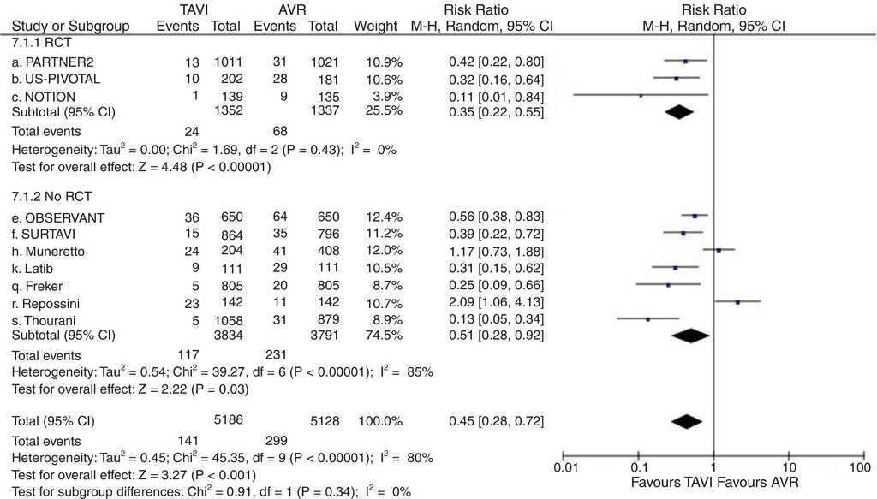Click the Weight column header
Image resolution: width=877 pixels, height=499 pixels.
click(378, 27)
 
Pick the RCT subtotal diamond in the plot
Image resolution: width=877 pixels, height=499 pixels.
click(678, 111)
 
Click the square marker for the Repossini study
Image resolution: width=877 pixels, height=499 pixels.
click(737, 301)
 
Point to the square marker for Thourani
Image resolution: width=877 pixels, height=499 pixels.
click(647, 318)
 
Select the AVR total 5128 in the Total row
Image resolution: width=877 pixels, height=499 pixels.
click(322, 421)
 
